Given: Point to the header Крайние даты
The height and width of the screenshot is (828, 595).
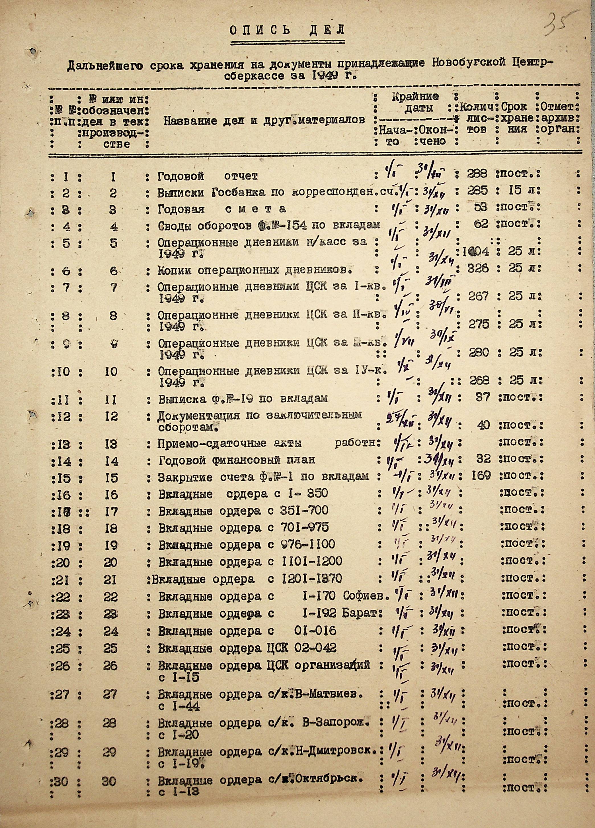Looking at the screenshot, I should click(415, 102).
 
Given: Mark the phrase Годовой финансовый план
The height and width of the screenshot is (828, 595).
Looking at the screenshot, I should click(237, 460).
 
